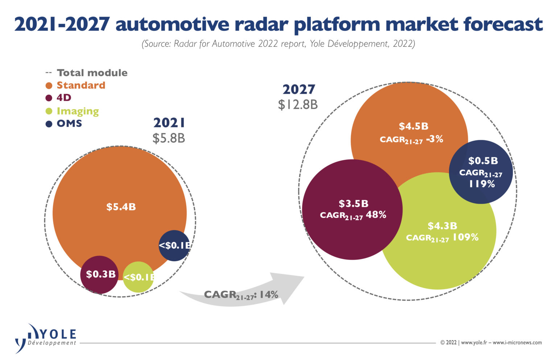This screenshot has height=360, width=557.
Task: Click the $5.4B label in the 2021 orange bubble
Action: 121,207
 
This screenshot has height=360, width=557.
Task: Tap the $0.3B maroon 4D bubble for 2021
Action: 99,274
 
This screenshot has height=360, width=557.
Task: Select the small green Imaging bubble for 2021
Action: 138,277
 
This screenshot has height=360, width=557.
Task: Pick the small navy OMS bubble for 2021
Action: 174,245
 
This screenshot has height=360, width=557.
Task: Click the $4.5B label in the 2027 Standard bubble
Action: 413,126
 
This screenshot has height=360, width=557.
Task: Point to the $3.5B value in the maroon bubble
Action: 354,203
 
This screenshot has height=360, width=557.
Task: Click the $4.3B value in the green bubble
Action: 442,226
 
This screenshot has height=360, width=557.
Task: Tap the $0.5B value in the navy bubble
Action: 483,161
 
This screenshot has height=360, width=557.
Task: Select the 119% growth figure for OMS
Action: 482,184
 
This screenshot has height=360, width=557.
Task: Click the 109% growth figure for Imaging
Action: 466,237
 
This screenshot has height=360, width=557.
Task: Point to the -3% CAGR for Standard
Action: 435,139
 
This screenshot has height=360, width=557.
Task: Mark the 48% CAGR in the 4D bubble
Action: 376,215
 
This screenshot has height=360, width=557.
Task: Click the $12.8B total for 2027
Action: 298,105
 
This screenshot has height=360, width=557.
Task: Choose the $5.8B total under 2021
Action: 169,138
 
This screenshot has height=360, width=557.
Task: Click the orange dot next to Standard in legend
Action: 49,86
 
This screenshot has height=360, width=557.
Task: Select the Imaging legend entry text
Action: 78,111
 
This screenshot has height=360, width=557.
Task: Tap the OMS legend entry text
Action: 69,124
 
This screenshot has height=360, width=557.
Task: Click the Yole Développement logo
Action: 45,337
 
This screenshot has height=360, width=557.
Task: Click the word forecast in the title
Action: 503,24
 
